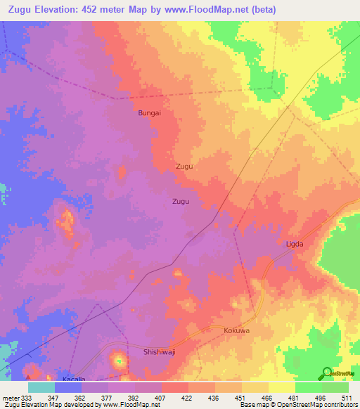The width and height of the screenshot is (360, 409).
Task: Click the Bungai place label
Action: click(150, 112)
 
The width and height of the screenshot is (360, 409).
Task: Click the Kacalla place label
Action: click(74, 379)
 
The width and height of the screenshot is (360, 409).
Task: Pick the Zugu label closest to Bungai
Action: click(184, 167)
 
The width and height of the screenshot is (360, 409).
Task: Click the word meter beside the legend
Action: click(11, 397)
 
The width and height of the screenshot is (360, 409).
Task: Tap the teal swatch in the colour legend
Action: click(41, 387)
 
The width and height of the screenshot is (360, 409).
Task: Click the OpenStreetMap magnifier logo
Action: click(326, 373)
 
